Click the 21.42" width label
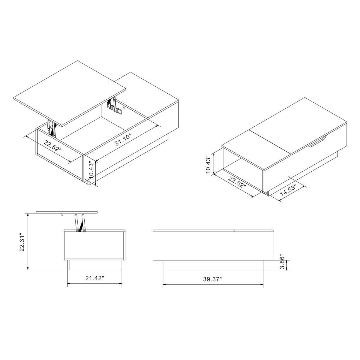94,278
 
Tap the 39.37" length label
212,279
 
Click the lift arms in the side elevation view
79,223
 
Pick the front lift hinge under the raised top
52,127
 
